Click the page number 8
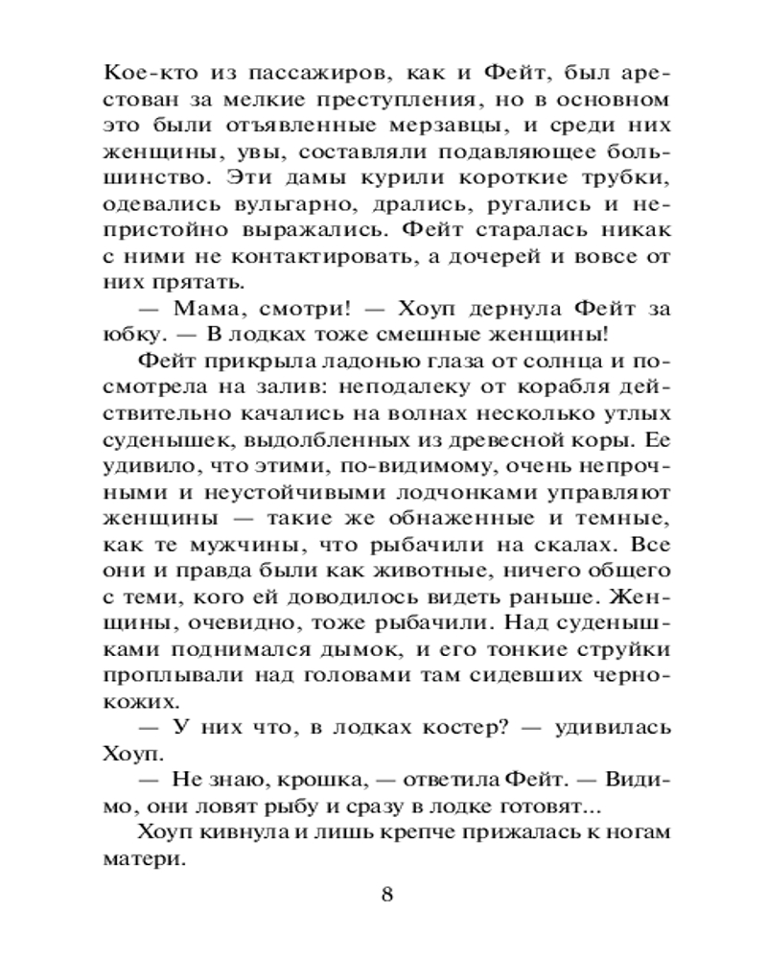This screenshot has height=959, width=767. (386, 896)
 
